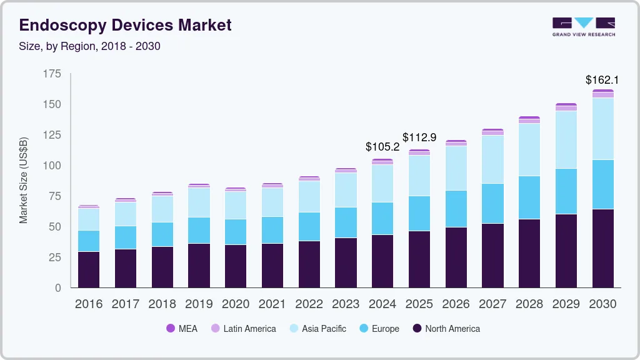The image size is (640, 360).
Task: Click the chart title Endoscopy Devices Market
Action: pos(125,25)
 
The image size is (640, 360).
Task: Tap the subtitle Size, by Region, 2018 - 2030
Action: pos(90,46)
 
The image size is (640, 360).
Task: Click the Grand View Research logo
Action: pos(583,27)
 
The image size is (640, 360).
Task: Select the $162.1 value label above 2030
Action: pos(602,80)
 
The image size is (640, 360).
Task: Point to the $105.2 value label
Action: pos(382,147)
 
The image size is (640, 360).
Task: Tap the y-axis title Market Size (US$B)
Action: pos(24,180)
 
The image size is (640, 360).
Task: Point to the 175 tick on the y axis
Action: pos(52,74)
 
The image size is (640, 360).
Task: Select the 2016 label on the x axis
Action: pos(88,304)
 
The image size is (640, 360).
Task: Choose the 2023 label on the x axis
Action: pos(346,304)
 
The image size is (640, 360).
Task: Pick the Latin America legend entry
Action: pos(243,328)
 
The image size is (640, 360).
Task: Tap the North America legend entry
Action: pos(446,328)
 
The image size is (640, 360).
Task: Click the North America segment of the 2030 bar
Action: pos(603,248)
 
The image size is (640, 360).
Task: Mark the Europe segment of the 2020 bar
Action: pos(236,232)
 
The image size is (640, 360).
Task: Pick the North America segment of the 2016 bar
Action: pos(89,269)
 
